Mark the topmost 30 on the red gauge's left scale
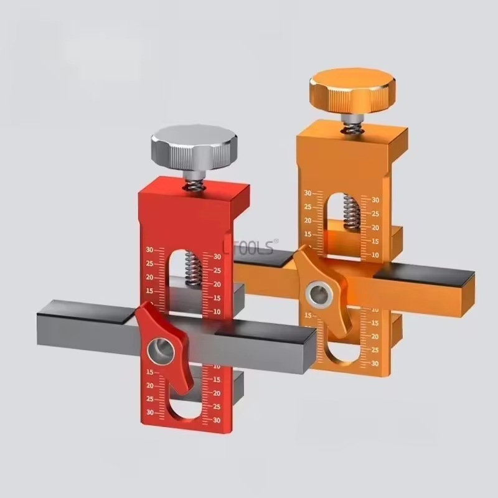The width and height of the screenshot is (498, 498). (x=149, y=250)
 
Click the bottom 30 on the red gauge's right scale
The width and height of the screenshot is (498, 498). (x=218, y=421)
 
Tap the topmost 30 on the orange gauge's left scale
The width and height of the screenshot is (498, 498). (x=308, y=194)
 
